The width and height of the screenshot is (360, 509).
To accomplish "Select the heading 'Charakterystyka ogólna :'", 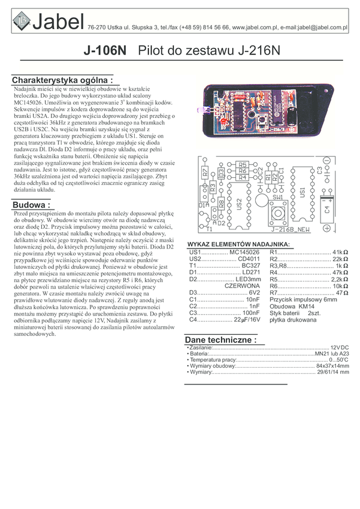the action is [x=62, y=80].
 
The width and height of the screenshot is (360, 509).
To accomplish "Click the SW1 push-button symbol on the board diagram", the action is [x=278, y=213].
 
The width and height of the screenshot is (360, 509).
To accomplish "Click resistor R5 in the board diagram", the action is [x=242, y=165].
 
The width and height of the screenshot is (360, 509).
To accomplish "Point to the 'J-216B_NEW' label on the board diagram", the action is [x=290, y=229].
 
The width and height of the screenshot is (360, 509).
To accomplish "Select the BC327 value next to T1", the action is [x=250, y=265].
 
